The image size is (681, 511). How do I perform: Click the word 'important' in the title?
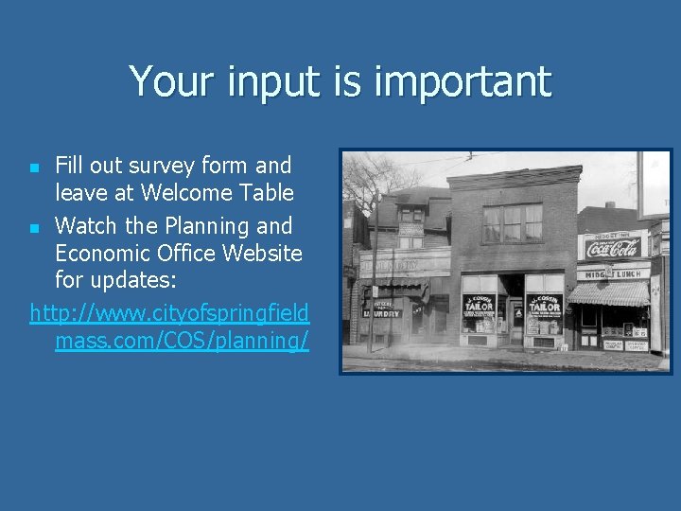tap(463, 82)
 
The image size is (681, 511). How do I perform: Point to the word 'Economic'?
tap(104, 254)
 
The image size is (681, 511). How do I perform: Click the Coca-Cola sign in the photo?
tap(613, 248)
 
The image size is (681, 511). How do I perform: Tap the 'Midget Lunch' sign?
tap(613, 273)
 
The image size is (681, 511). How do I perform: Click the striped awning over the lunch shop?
tap(608, 292)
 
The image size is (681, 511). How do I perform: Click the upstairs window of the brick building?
tap(512, 223)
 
